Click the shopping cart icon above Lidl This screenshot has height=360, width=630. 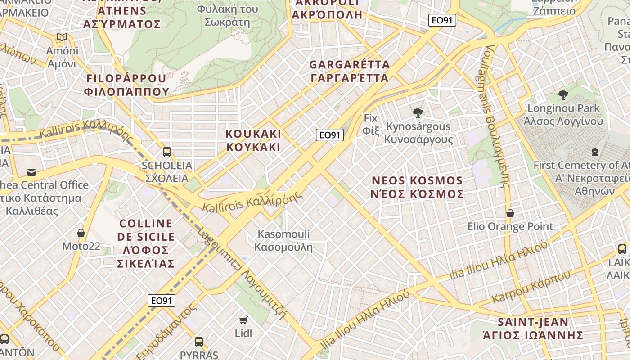pyautogui.click(x=243, y=320)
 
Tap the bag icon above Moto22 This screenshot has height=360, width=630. pyautogui.click(x=81, y=233)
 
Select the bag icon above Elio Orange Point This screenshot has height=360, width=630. pyautogui.click(x=510, y=213)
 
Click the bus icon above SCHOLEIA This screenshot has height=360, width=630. pyautogui.click(x=167, y=152)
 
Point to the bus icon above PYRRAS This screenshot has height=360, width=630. pyautogui.click(x=199, y=342)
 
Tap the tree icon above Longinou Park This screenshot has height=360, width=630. pyautogui.click(x=563, y=95)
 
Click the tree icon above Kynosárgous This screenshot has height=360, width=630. pyautogui.click(x=418, y=113)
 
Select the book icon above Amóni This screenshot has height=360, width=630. pyautogui.click(x=62, y=37)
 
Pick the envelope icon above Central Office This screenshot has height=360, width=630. pyautogui.click(x=31, y=172)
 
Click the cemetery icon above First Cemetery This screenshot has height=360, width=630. pyautogui.click(x=595, y=152)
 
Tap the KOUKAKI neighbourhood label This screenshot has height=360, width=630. pyautogui.click(x=253, y=140)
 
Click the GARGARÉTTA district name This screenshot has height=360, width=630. pyautogui.click(x=350, y=71)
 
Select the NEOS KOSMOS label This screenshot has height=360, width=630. pyautogui.click(x=417, y=187)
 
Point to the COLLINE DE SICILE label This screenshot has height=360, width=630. pyautogui.click(x=146, y=243)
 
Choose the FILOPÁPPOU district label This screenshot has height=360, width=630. pyautogui.click(x=127, y=85)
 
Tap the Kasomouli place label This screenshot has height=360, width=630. pyautogui.click(x=283, y=240)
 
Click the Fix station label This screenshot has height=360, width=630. pyautogui.click(x=371, y=124)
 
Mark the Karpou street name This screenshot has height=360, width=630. pyautogui.click(x=531, y=287)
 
